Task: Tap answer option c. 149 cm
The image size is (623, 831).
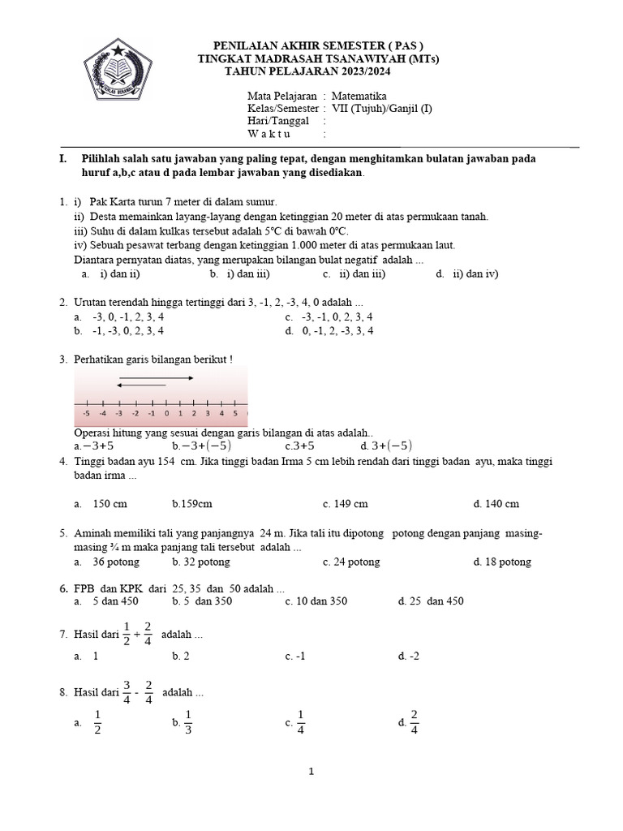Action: (345, 504)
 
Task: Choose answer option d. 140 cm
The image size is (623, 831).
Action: (496, 504)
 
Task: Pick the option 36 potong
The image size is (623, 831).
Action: (115, 562)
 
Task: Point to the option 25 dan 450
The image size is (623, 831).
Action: (436, 601)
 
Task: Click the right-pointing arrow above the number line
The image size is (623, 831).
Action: (156, 378)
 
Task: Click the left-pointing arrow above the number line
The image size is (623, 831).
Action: (142, 385)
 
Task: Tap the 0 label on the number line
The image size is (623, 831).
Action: (166, 413)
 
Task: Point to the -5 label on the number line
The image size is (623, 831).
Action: (86, 413)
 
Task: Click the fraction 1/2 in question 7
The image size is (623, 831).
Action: (127, 634)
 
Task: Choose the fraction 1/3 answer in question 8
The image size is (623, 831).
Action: (188, 721)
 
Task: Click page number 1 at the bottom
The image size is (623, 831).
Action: (311, 773)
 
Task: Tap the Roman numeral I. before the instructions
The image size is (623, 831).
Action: (63, 159)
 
